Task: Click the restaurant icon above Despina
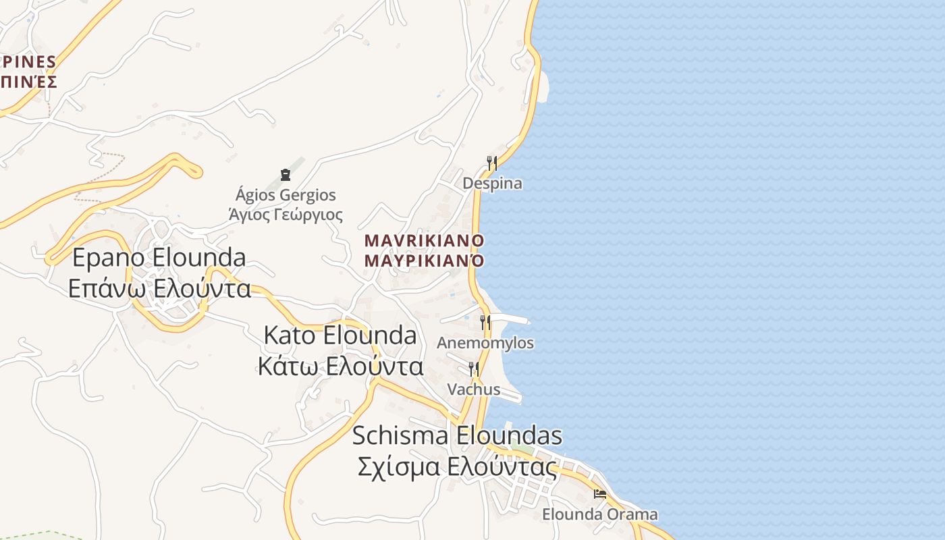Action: click(x=492, y=163)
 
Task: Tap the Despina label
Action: click(x=492, y=184)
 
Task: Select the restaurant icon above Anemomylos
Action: click(x=485, y=322)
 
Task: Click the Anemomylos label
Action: click(x=485, y=343)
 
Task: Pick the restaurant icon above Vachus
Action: click(x=474, y=369)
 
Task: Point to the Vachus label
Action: click(x=474, y=389)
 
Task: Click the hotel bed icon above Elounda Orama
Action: click(x=599, y=494)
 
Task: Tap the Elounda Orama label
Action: click(x=599, y=514)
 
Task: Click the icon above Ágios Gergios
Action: click(x=285, y=175)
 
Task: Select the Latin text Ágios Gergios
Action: click(x=286, y=196)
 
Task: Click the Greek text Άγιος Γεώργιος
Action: click(x=286, y=215)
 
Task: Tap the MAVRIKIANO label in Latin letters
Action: click(x=425, y=240)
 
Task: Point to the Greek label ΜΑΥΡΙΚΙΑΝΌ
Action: click(x=425, y=260)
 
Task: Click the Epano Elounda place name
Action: click(x=159, y=257)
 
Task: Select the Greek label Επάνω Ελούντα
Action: click(x=159, y=289)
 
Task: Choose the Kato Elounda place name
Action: click(x=340, y=335)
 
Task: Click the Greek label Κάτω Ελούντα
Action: click(x=340, y=367)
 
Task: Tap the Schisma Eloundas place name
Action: click(x=457, y=435)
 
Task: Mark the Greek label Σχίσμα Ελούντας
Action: click(x=457, y=467)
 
